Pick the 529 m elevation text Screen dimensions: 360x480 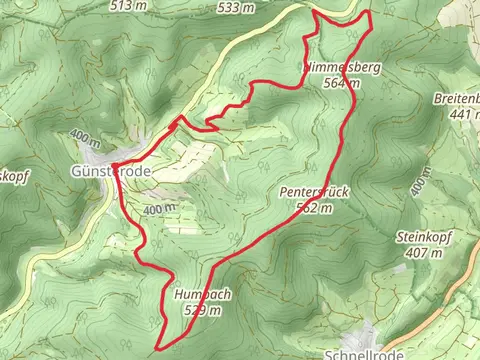coord(202,310)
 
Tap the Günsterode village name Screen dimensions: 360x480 coord(112,172)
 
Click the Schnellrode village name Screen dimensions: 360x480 coord(364,353)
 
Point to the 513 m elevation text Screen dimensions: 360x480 coord(135,6)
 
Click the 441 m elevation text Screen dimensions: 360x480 coord(459,114)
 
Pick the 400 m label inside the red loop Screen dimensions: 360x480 coord(159,209)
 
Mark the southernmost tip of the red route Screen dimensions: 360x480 coord(159,347)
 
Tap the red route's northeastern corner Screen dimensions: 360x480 coord(369,12)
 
